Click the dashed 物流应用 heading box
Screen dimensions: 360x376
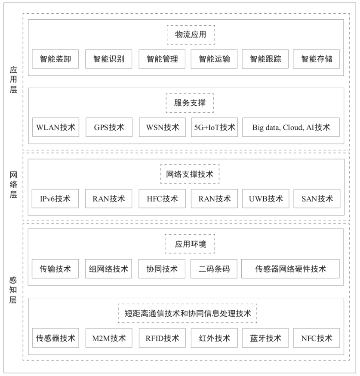191,35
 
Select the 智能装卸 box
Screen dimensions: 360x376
55,59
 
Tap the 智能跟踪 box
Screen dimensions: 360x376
265,59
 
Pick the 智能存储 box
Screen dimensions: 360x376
316,59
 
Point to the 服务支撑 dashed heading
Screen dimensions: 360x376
190,103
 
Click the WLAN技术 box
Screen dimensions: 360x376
55,127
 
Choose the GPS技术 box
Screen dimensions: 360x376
109,127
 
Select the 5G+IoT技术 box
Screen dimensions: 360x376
215,127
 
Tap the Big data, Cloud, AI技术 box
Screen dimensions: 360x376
291,127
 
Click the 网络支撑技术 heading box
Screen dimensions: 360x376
190,174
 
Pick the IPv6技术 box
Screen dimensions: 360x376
55,199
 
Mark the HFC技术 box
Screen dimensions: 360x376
162,199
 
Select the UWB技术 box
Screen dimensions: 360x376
266,199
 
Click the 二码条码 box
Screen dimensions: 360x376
214,269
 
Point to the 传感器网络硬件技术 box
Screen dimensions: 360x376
290,269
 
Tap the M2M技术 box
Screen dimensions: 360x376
109,338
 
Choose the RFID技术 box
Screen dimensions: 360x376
162,338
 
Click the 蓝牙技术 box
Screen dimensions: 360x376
265,338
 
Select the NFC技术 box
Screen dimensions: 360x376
317,338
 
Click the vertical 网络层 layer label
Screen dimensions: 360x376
13,185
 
